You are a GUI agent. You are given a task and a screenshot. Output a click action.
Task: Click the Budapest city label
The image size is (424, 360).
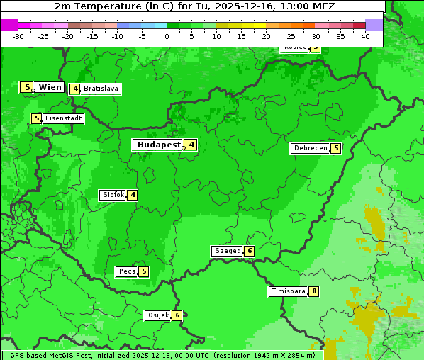158,145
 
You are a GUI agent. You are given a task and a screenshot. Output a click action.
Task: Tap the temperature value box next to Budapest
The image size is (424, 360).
191,145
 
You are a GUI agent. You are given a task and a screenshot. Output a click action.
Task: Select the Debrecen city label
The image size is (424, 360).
310,149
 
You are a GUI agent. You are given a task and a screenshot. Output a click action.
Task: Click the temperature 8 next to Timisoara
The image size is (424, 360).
314,291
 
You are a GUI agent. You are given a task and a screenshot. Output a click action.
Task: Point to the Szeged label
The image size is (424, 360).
227,251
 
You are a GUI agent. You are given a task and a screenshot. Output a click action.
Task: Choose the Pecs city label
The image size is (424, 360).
127,271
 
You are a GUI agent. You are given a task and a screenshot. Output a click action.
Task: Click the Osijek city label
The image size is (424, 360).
157,315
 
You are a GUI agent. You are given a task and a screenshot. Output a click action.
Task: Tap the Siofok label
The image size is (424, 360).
113,195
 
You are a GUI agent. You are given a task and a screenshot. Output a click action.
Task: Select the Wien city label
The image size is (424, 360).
50,87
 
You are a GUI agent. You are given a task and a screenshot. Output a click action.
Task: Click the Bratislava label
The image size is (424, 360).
100,89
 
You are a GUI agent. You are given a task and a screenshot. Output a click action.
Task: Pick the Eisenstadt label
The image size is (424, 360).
63,118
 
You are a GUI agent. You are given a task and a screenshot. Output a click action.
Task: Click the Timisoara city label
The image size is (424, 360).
288,291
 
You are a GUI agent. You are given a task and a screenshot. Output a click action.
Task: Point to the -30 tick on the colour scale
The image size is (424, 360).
18,36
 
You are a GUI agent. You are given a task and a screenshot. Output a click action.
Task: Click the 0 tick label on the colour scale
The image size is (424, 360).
167,36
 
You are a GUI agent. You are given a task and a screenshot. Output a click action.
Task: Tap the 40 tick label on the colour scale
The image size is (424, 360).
365,36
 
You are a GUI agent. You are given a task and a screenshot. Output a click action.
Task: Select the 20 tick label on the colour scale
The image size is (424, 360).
266,36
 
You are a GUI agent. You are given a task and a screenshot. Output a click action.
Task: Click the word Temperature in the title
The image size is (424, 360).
113,6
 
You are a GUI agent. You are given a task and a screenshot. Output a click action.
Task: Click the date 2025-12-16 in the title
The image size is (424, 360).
240,6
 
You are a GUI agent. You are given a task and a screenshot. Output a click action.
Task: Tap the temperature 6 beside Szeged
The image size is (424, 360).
250,251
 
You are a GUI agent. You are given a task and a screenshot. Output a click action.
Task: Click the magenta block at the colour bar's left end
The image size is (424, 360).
9,25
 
